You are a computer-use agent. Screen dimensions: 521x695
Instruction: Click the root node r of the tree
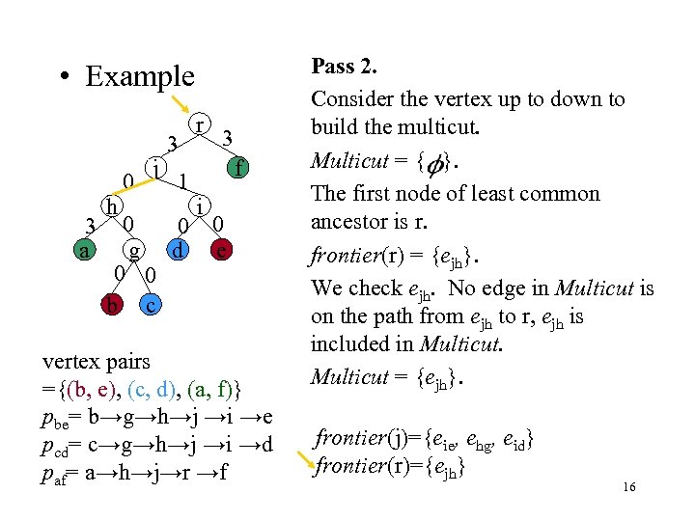(198, 125)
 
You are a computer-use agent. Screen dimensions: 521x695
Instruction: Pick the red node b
(114, 306)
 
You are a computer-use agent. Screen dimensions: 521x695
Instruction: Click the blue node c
(149, 306)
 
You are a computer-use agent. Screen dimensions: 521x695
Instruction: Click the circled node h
(114, 206)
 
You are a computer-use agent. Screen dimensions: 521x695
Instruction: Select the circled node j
(154, 167)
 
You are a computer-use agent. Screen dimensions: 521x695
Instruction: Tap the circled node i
(197, 206)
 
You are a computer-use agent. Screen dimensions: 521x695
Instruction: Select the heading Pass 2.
(344, 68)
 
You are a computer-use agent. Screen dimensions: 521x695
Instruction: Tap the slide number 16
(628, 488)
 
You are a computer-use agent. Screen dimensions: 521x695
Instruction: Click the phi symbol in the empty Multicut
(437, 163)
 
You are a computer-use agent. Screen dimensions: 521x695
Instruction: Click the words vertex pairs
(97, 362)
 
